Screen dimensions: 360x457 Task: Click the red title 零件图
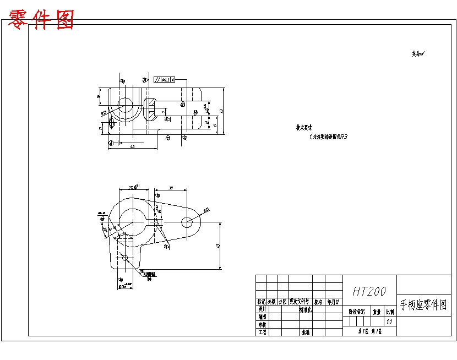41,20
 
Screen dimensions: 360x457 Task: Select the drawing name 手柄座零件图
423,305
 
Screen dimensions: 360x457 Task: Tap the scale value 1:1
390,322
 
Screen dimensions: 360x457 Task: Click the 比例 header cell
390,312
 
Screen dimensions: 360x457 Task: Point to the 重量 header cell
377,312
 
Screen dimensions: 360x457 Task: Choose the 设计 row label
262,309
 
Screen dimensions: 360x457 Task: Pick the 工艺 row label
262,332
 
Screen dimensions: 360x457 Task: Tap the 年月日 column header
334,302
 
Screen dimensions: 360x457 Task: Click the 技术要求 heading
304,127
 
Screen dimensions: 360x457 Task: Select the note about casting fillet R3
329,136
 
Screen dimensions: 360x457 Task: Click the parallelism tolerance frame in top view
165,80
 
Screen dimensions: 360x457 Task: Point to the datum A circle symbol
111,143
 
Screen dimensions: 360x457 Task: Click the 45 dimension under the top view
133,146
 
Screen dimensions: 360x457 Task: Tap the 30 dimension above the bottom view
171,188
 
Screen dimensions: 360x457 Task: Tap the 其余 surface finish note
419,54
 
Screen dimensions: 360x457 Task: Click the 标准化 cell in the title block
306,309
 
